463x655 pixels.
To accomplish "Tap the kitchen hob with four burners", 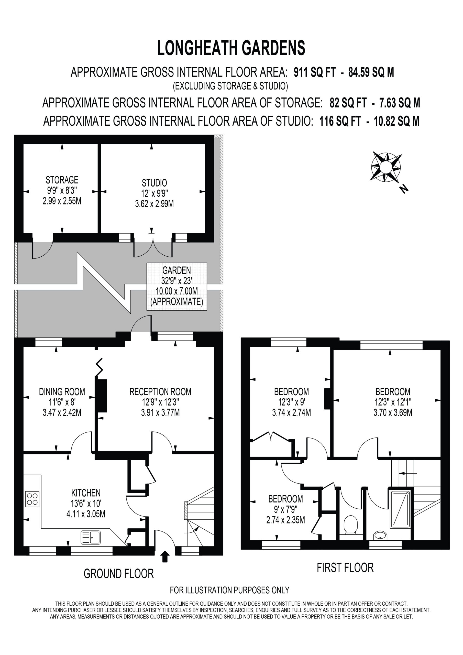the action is [32, 499].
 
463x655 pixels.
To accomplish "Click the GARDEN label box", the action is [177, 286].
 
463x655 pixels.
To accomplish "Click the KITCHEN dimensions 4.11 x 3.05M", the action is [86, 514].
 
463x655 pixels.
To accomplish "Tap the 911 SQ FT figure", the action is [315, 72].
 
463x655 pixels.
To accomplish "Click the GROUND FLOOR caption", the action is [119, 573].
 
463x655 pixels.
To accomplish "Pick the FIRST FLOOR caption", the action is [345, 567].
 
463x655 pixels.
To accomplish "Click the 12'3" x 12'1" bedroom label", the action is [393, 402].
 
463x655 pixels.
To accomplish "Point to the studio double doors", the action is [153, 248].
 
